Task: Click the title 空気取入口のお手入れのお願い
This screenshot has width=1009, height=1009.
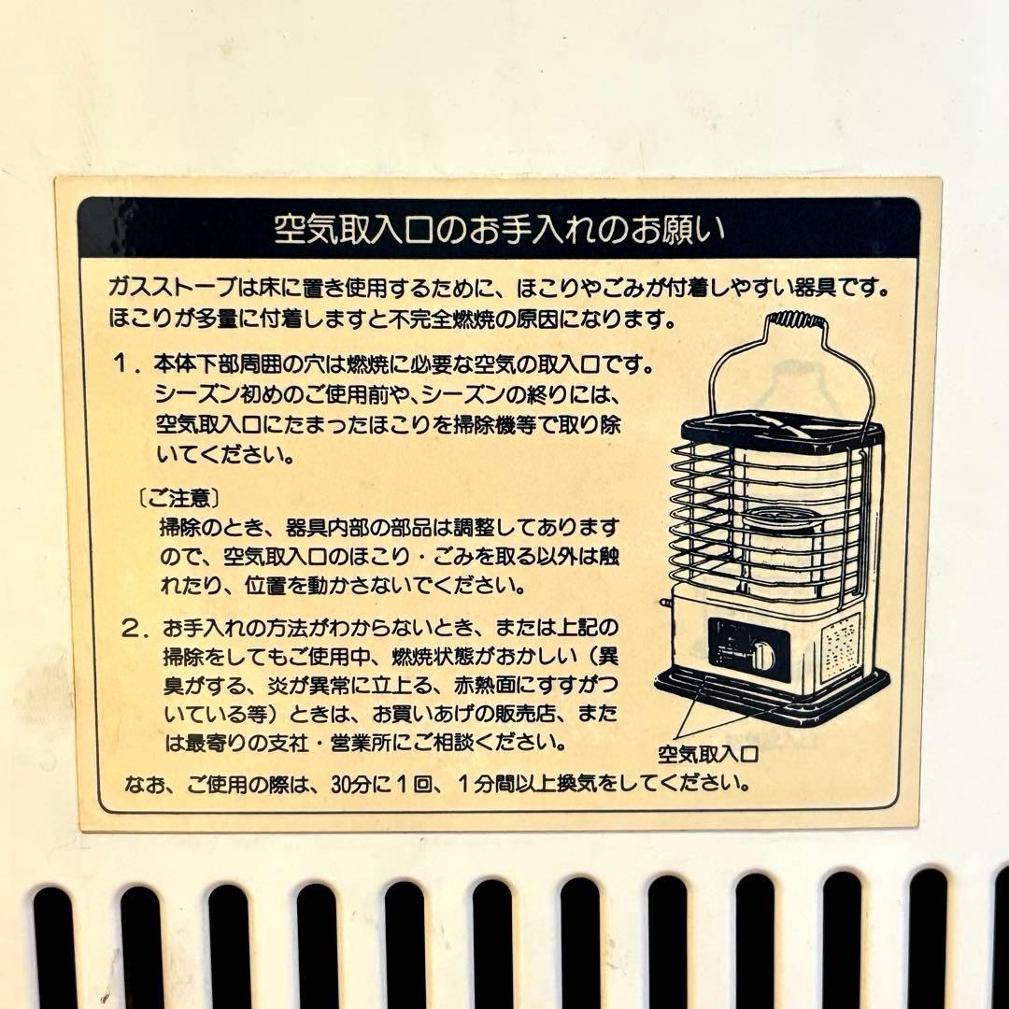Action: click(x=499, y=229)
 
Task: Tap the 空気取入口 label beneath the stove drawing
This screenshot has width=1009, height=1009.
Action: click(x=708, y=754)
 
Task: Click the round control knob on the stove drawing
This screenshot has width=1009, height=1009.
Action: click(x=762, y=655)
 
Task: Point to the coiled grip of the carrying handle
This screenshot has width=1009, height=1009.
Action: click(x=797, y=320)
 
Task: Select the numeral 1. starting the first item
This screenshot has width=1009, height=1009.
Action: click(x=126, y=364)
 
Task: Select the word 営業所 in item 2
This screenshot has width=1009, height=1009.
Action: click(x=362, y=744)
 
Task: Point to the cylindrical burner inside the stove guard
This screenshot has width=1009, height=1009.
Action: click(x=781, y=541)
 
